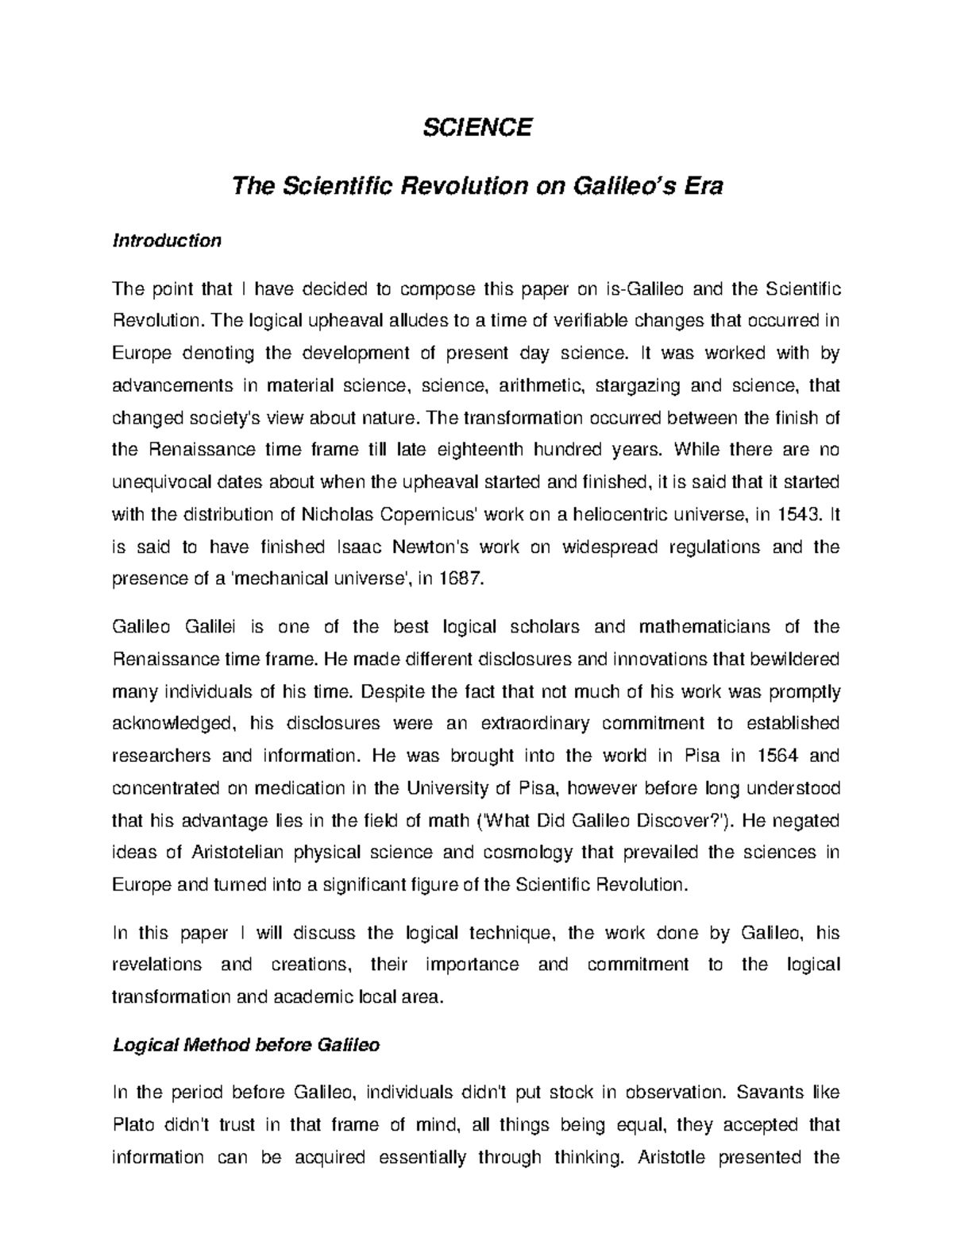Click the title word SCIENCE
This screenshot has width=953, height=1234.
tap(476, 127)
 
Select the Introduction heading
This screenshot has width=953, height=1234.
tap(167, 240)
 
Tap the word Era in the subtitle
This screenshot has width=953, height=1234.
tap(702, 187)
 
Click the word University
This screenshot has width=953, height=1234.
tap(447, 788)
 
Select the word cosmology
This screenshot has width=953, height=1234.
tap(525, 853)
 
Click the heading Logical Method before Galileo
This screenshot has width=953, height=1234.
tap(246, 1045)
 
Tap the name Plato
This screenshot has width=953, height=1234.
tap(135, 1125)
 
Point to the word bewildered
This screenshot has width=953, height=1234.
tap(794, 659)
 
